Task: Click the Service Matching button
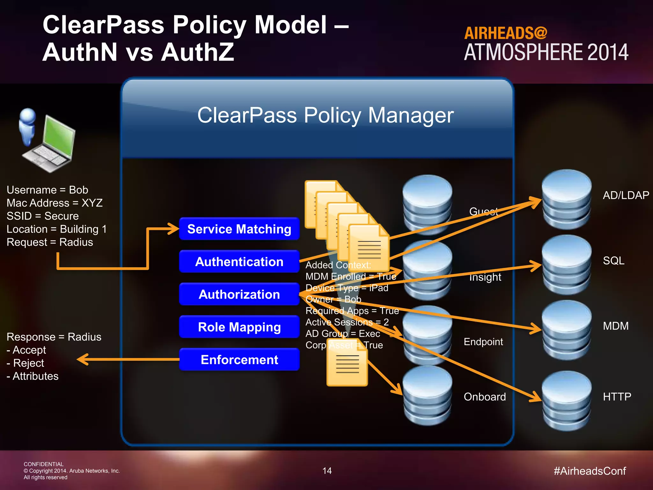tap(239, 229)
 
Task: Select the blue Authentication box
tap(239, 262)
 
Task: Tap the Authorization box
tap(239, 294)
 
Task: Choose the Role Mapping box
tap(239, 327)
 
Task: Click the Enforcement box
tap(239, 360)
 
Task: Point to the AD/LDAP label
tap(626, 195)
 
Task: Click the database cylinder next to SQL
tap(567, 265)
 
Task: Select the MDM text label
tap(615, 326)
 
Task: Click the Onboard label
tap(485, 397)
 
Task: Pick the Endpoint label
tap(483, 342)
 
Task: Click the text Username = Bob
tap(47, 190)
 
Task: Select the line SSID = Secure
tap(42, 216)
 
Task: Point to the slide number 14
tap(327, 471)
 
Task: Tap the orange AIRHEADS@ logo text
tap(505, 33)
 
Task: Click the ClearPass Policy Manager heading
tap(325, 115)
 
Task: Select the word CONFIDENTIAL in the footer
tap(43, 464)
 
